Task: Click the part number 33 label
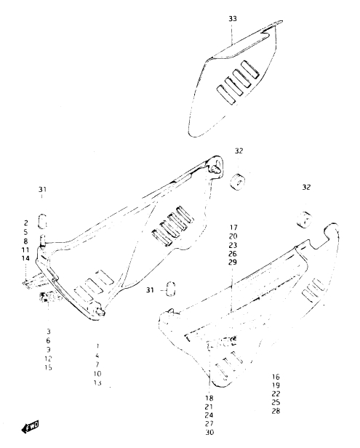[x=233, y=19]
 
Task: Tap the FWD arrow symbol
[x=31, y=427]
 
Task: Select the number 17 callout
[x=233, y=228]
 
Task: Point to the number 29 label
[x=233, y=262]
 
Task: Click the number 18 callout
[x=209, y=398]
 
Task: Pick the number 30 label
[x=209, y=432]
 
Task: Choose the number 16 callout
[x=276, y=377]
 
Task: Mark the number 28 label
[x=276, y=411]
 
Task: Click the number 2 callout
[x=25, y=223]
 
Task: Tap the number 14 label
[x=25, y=258]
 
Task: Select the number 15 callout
[x=48, y=367]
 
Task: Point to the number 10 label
[x=97, y=373]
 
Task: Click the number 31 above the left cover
[x=42, y=189]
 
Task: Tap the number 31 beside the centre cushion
[x=150, y=290]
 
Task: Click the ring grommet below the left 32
[x=238, y=182]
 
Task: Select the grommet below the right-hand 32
[x=304, y=220]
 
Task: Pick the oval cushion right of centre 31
[x=171, y=289]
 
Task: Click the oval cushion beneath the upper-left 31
[x=42, y=221]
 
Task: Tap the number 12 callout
[x=48, y=359]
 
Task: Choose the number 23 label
[x=233, y=245]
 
